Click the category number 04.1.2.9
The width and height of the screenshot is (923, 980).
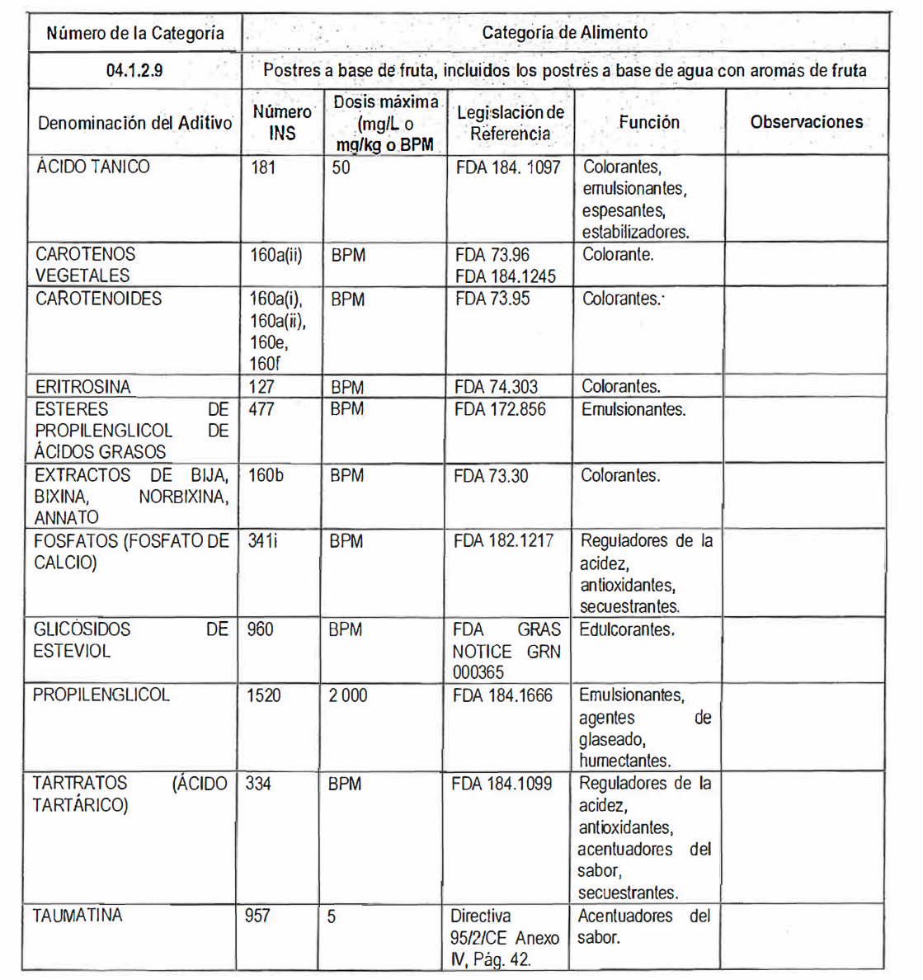(134, 71)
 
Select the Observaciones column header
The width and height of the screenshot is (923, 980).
(806, 122)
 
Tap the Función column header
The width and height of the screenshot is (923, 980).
(649, 122)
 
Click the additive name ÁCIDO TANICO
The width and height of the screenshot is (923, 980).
(93, 167)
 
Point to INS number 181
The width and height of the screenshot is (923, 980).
(264, 167)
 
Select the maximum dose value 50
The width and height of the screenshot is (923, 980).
(341, 167)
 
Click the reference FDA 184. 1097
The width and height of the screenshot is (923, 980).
(507, 167)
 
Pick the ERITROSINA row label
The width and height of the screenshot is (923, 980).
(82, 387)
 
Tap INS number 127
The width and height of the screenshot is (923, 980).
(261, 387)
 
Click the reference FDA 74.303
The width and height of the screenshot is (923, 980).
(496, 387)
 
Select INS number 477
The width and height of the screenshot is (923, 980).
(261, 409)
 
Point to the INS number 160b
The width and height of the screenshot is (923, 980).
(266, 476)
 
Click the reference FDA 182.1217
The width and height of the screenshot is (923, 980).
(503, 541)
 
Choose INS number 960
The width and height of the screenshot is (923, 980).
(260, 629)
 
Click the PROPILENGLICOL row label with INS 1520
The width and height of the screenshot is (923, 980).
(101, 695)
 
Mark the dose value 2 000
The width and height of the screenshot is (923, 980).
(348, 695)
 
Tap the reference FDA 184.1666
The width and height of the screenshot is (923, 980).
(502, 695)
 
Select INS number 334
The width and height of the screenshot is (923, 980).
(258, 784)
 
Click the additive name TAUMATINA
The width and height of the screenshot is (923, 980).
(78, 916)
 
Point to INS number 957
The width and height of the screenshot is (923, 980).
(257, 916)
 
